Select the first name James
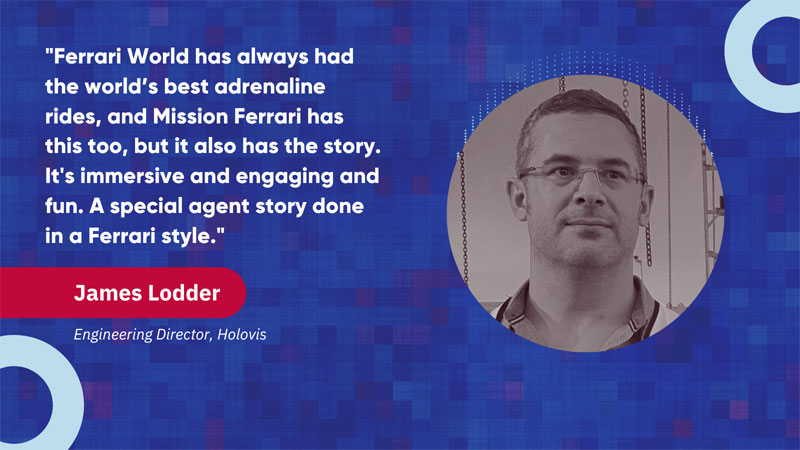(107, 293)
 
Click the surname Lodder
(184, 293)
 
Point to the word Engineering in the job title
(113, 335)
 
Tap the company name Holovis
(242, 334)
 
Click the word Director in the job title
(184, 334)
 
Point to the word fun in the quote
(63, 207)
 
